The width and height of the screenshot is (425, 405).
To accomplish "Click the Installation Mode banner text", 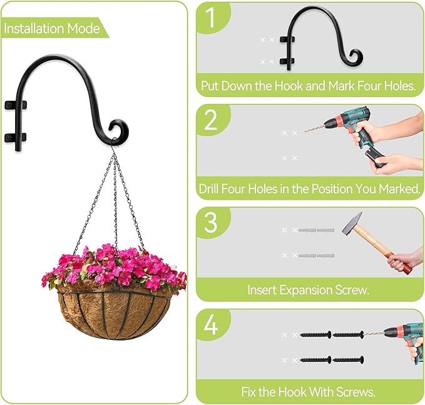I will coord(51,28).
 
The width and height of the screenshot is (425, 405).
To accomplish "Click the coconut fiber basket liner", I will coord(115,314).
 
